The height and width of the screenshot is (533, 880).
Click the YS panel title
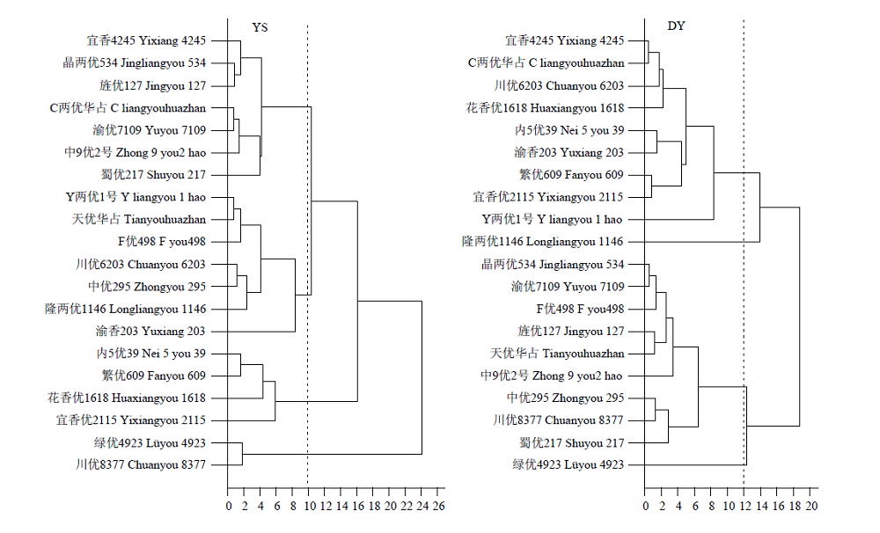[x=260, y=27]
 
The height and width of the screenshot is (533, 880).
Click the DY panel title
[x=676, y=26]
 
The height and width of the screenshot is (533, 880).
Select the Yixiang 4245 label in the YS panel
[x=146, y=40]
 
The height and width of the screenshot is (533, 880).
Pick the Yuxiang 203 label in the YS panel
[x=150, y=331]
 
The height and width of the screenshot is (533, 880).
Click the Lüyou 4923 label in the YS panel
[x=150, y=442]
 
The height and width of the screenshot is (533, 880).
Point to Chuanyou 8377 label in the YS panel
[x=141, y=464]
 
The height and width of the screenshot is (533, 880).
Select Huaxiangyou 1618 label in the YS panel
[x=126, y=398]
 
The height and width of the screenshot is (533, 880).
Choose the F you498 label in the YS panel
[x=162, y=241]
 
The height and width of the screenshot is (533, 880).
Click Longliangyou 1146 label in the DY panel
[x=542, y=241]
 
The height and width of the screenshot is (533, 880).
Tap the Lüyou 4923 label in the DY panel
[x=568, y=464]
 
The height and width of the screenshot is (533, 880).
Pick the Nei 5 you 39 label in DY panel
[x=569, y=130]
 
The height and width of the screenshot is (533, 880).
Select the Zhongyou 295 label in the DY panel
[x=565, y=398]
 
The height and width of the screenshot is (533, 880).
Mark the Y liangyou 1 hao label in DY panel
[x=552, y=219]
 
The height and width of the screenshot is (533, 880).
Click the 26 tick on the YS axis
[x=439, y=506]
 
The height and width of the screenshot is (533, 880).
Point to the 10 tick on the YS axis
[x=310, y=506]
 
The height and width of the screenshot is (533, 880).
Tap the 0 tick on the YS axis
[x=229, y=506]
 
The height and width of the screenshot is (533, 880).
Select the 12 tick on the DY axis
[x=744, y=506]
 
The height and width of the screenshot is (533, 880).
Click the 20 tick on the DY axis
[x=811, y=506]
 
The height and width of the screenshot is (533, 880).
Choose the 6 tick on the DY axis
[x=695, y=506]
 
